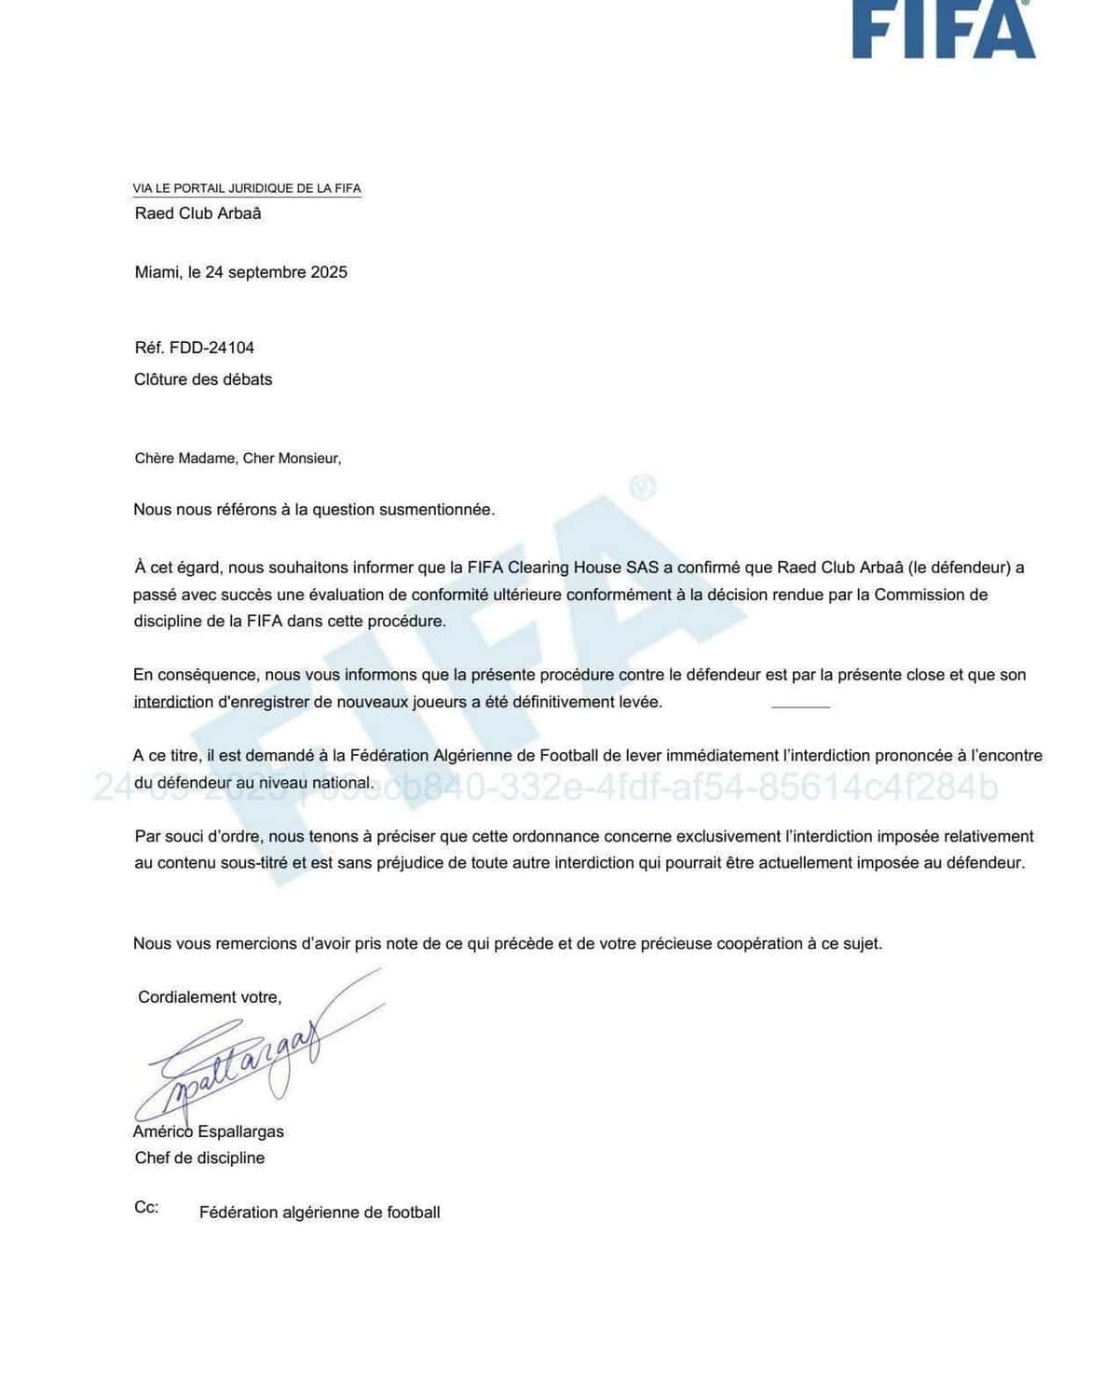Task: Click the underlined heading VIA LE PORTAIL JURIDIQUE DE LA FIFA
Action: coord(247,188)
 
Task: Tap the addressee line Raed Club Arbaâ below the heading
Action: coord(198,213)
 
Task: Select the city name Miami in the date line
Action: coord(157,272)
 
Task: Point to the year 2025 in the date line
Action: coord(329,272)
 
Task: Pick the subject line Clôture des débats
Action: coord(203,379)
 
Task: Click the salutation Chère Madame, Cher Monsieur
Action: coord(238,459)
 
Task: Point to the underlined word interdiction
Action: coord(173,703)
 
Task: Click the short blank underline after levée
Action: coord(800,706)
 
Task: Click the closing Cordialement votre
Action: coord(210,997)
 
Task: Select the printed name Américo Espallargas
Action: coord(210,1132)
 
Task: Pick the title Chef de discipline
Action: coord(199,1158)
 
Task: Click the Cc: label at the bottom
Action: coord(146,1208)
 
